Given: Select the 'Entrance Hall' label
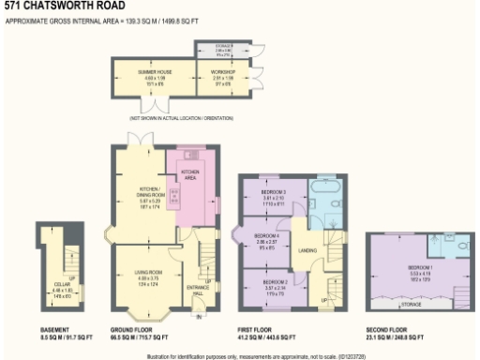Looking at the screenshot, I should click(x=194, y=286).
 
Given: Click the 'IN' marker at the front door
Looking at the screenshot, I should click(x=199, y=317).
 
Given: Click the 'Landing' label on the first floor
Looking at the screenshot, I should click(x=305, y=249).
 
